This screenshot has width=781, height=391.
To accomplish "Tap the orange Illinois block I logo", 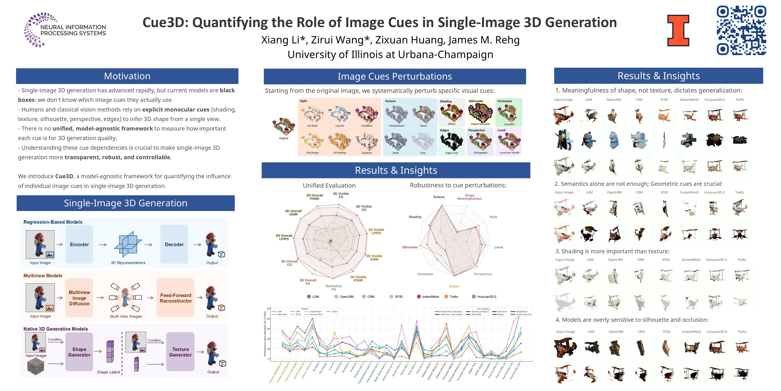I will (x=678, y=30).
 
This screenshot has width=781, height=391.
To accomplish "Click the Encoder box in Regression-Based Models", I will (x=79, y=244).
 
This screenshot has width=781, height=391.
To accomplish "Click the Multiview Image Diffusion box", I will (x=79, y=298).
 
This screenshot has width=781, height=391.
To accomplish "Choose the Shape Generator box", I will (x=79, y=352).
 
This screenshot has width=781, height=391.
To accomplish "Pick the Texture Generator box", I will (x=180, y=352).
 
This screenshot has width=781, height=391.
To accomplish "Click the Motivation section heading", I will (x=127, y=76).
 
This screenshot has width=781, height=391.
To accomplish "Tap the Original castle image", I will (x=283, y=126).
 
